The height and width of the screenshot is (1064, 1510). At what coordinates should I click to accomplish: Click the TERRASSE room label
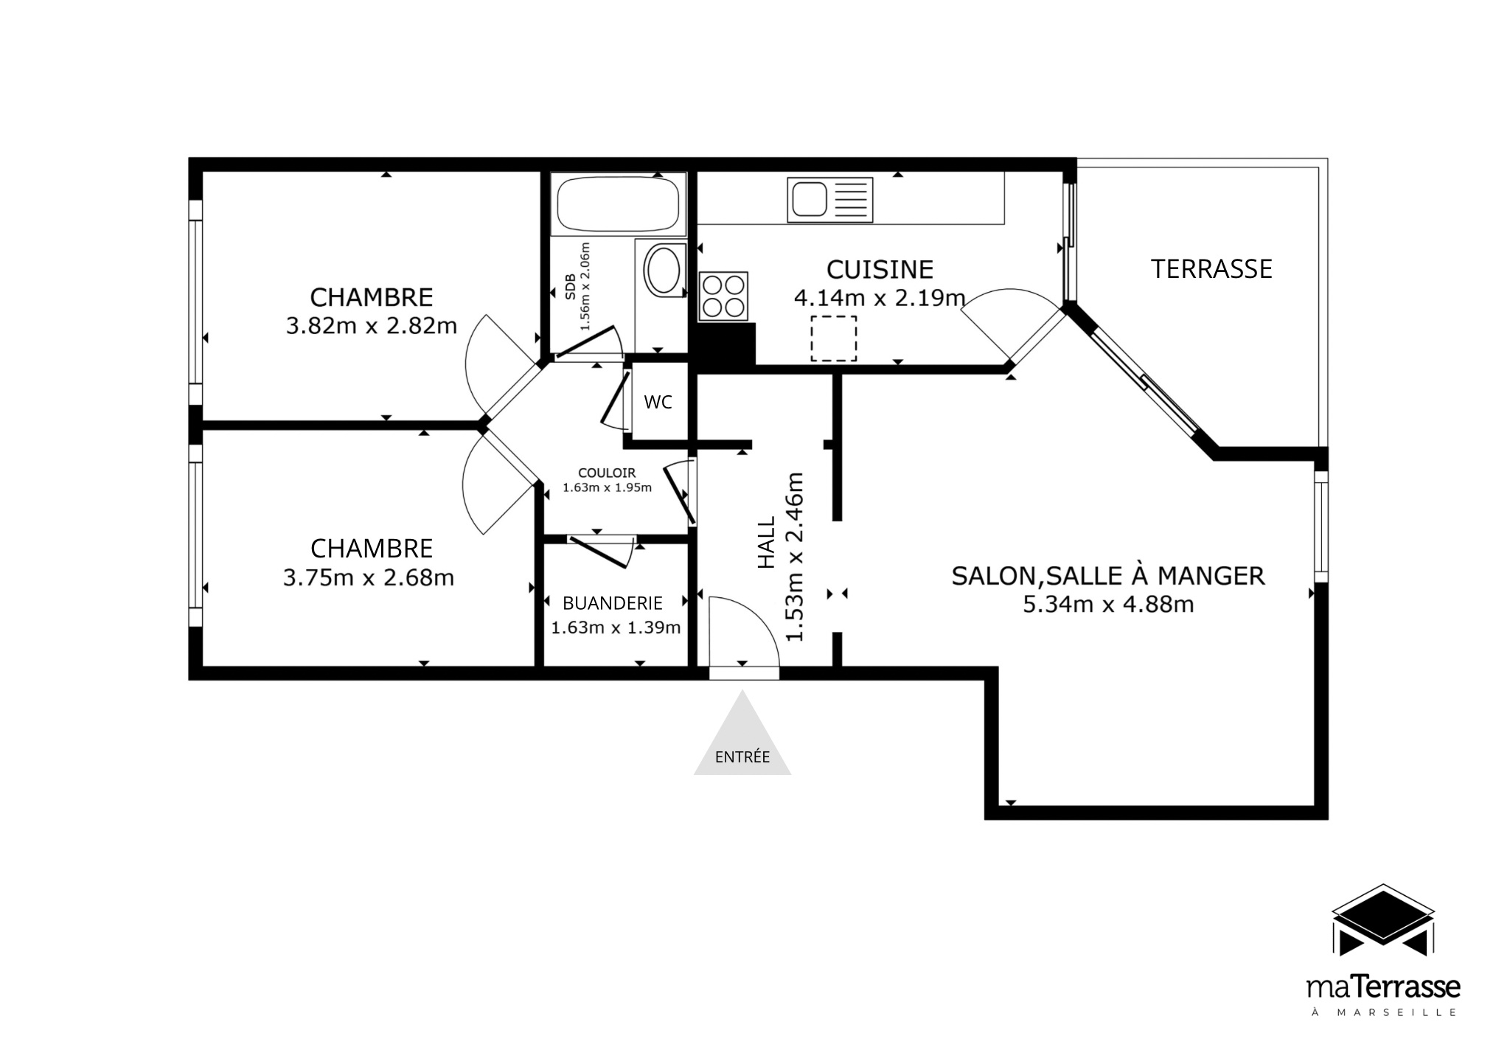1211,269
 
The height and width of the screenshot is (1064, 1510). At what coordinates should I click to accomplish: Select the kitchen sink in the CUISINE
829,200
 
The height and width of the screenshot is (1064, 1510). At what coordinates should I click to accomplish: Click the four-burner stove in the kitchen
723,296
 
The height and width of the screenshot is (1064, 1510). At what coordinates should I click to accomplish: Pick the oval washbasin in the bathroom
664,271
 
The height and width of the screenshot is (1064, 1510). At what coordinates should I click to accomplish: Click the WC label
658,402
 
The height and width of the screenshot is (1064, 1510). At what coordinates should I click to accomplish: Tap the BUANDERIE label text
613,603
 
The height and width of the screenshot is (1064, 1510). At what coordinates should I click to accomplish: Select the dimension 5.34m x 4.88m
1108,605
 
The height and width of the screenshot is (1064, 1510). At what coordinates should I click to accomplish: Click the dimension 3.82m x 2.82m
372,326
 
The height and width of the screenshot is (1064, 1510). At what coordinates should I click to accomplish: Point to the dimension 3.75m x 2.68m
369,577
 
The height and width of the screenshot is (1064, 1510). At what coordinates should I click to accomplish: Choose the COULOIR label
607,473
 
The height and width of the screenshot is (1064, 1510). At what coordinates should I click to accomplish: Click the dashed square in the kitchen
834,338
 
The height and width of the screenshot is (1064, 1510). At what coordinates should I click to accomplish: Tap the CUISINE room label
880,270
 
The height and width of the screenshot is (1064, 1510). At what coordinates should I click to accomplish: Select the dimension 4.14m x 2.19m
880,298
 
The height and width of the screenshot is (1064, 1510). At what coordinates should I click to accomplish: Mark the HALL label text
768,542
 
